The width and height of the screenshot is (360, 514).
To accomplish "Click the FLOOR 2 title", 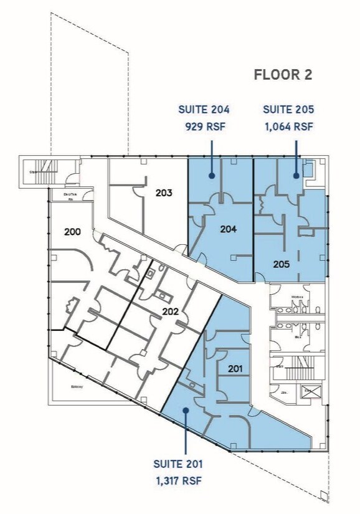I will (283, 75).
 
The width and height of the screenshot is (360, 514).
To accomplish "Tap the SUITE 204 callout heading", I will (204, 110).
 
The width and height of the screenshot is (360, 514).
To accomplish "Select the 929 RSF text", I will (204, 126).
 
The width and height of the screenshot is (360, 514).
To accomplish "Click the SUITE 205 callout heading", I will (288, 110).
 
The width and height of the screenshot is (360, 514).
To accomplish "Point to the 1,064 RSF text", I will (288, 126).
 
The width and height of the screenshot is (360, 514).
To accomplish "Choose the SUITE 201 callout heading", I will (178, 464).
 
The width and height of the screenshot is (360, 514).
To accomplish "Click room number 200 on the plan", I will (73, 232).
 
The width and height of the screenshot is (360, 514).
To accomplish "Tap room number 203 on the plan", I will (164, 193).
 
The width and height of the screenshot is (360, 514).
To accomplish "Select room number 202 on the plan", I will (171, 312).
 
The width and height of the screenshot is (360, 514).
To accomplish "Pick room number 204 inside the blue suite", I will (229, 229).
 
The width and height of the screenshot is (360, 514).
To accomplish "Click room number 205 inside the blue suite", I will (282, 264).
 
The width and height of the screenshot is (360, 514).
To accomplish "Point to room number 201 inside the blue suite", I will (235, 369).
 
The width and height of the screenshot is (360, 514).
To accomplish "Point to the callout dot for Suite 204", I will (212, 176).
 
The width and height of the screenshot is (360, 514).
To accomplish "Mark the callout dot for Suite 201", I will (185, 410).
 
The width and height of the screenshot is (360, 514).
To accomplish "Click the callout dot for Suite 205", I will (296, 176).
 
